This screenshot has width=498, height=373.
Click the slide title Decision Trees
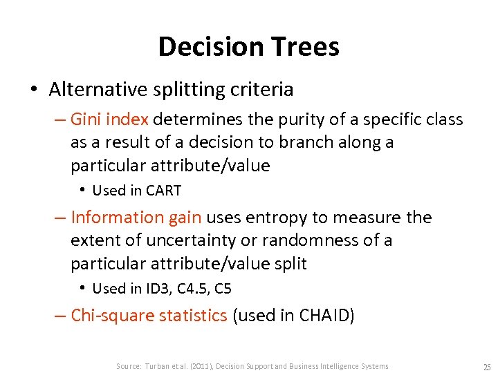point(248,47)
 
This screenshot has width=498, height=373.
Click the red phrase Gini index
point(110,119)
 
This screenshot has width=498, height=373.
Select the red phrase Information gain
point(136,218)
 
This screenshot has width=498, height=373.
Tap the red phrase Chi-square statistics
point(149,316)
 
